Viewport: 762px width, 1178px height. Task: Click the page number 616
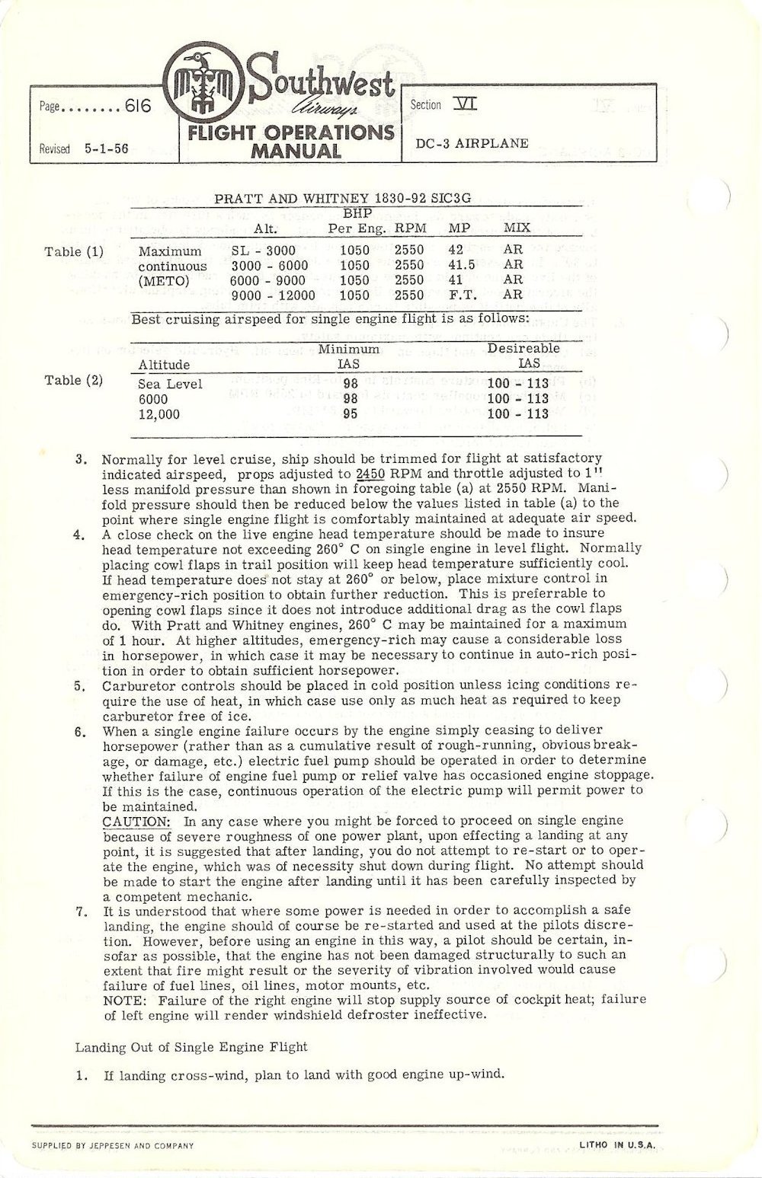(139, 107)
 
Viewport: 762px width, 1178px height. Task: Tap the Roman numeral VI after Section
(465, 104)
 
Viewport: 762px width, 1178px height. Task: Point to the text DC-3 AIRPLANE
(472, 143)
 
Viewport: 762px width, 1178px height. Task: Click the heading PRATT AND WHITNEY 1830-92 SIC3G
(342, 198)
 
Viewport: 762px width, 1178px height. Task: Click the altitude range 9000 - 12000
(273, 295)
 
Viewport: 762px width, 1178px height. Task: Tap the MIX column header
(517, 228)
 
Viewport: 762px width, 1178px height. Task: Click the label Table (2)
(74, 380)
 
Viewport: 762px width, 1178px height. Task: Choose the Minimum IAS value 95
(348, 413)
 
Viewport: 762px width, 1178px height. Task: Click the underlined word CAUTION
(130, 821)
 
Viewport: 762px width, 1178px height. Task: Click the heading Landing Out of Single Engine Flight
(191, 1046)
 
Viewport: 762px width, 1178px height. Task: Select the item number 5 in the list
(79, 685)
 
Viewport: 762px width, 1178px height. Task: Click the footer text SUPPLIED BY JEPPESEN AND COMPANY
(112, 1145)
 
